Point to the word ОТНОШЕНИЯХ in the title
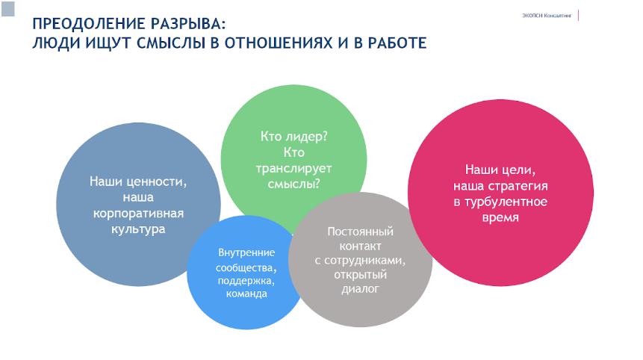[279, 43]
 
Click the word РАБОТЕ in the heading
[397, 43]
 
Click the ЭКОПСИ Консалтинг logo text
[547, 16]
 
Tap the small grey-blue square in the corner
[7, 9]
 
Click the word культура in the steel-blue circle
[138, 229]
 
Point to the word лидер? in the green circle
[305, 137]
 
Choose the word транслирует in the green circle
[293, 169]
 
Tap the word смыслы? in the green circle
[293, 184]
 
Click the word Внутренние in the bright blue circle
[246, 252]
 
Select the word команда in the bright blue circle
[246, 294]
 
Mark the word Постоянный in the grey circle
[360, 232]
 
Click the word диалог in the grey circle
[360, 289]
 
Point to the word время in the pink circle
[500, 217]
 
